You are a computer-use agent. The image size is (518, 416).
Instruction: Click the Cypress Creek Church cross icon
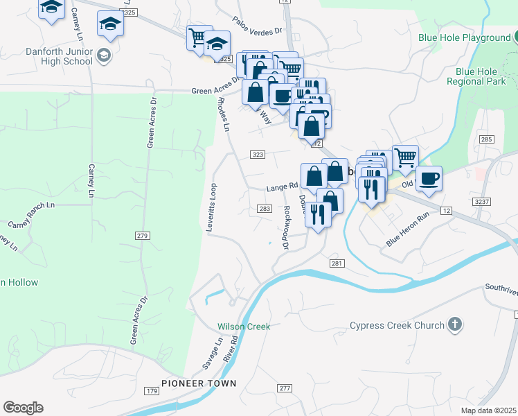tap(454, 324)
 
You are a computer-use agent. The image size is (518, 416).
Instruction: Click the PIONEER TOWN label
tap(199, 383)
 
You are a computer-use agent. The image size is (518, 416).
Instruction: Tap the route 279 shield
tap(143, 236)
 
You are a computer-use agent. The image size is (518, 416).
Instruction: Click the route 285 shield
tap(485, 140)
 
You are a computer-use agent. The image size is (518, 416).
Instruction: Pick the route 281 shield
tap(337, 263)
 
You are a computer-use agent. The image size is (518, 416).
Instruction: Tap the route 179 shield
tap(151, 392)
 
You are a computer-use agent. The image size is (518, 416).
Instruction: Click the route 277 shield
tap(285, 388)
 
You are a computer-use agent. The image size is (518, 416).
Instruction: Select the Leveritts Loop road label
tap(213, 207)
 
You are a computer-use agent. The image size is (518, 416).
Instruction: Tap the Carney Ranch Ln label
tap(31, 215)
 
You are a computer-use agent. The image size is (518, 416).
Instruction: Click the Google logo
tap(23, 408)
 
